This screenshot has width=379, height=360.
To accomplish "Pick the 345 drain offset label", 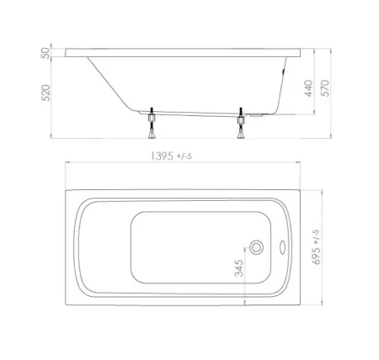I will click(x=238, y=268).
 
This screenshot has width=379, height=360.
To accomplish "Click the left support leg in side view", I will click(x=152, y=123).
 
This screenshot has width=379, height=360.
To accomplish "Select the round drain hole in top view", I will click(x=257, y=248).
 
